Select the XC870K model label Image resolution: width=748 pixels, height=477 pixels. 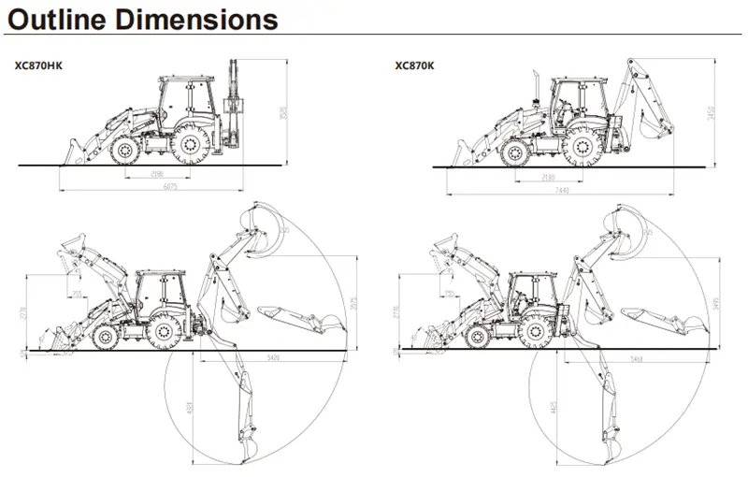[x=412, y=65]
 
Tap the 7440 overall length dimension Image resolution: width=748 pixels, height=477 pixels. [x=561, y=190]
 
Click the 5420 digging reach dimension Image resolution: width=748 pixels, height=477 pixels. [x=274, y=358]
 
